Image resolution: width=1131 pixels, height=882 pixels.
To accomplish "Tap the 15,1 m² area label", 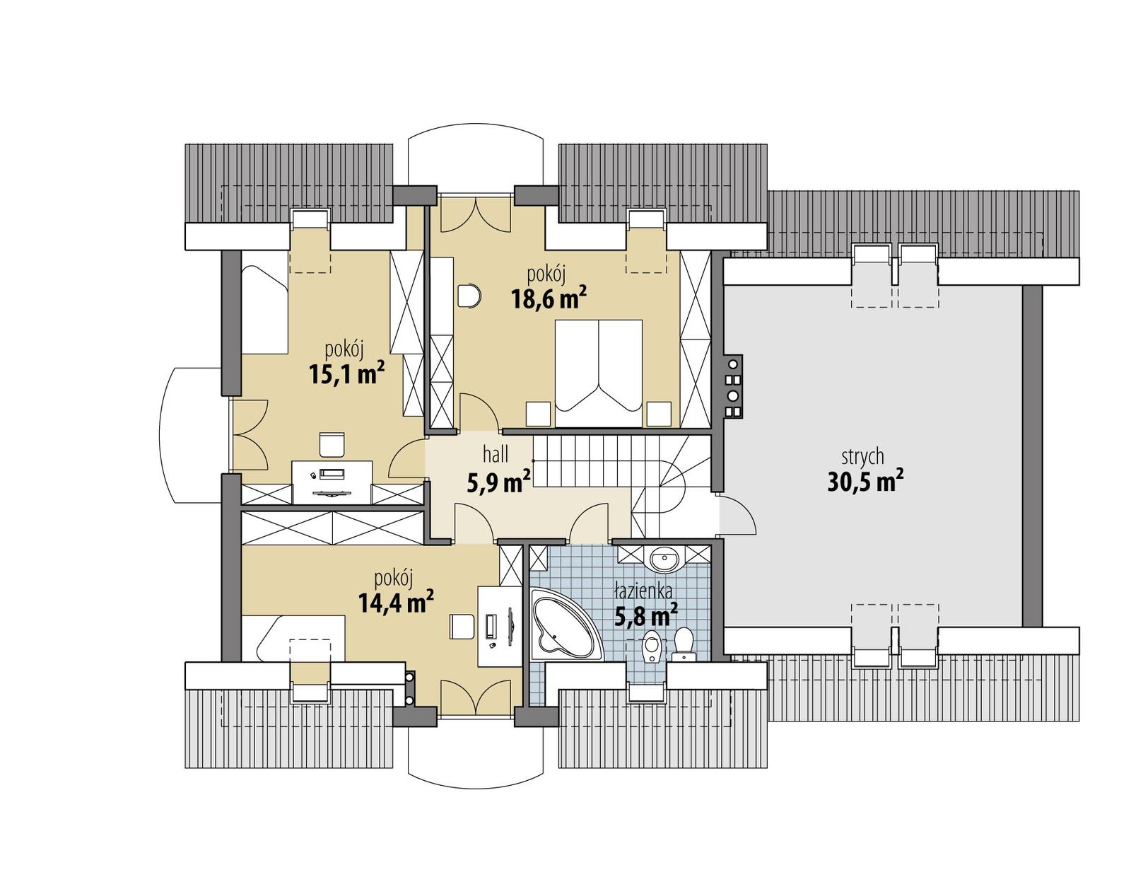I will pyautogui.click(x=346, y=373).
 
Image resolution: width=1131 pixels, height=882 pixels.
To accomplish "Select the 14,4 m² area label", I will pyautogui.click(x=395, y=602).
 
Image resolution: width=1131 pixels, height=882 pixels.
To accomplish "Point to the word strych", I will pyautogui.click(x=862, y=457).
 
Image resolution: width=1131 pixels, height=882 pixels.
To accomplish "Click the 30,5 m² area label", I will pyautogui.click(x=865, y=482).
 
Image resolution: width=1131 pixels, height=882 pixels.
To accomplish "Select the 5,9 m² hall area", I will pyautogui.click(x=499, y=483).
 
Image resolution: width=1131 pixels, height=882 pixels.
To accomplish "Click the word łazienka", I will pyautogui.click(x=643, y=591).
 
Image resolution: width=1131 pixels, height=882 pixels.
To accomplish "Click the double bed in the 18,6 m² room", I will pyautogui.click(x=599, y=373).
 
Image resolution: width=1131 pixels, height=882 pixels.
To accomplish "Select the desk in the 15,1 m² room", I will pyautogui.click(x=332, y=481).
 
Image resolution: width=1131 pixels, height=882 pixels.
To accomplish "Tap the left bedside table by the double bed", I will pyautogui.click(x=539, y=414).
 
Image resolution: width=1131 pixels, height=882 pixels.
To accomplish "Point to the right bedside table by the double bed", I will pyautogui.click(x=659, y=414).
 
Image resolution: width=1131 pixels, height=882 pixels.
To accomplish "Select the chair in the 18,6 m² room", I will pyautogui.click(x=468, y=295).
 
